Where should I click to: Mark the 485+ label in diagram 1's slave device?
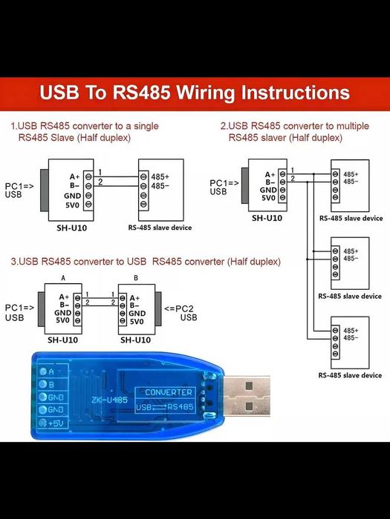click(160, 176)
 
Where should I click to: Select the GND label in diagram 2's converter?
click(268, 190)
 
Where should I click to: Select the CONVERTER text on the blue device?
click(169, 392)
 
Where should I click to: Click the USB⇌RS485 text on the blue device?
click(169, 406)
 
